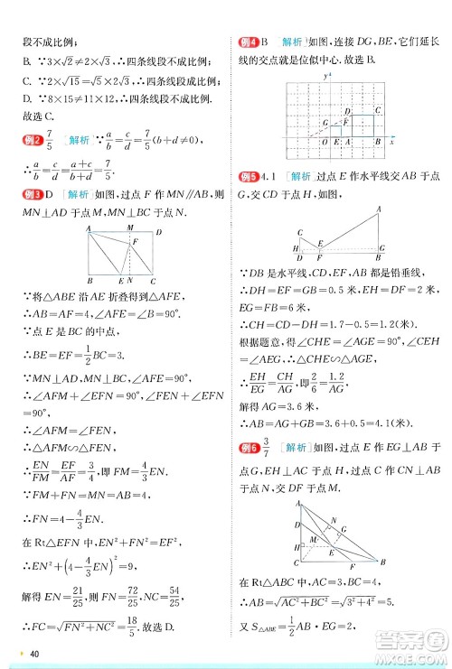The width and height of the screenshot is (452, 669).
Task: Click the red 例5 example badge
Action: click(249, 176)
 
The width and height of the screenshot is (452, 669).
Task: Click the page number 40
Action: click(35, 655)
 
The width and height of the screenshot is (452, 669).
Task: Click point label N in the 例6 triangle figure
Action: click(334, 518)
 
